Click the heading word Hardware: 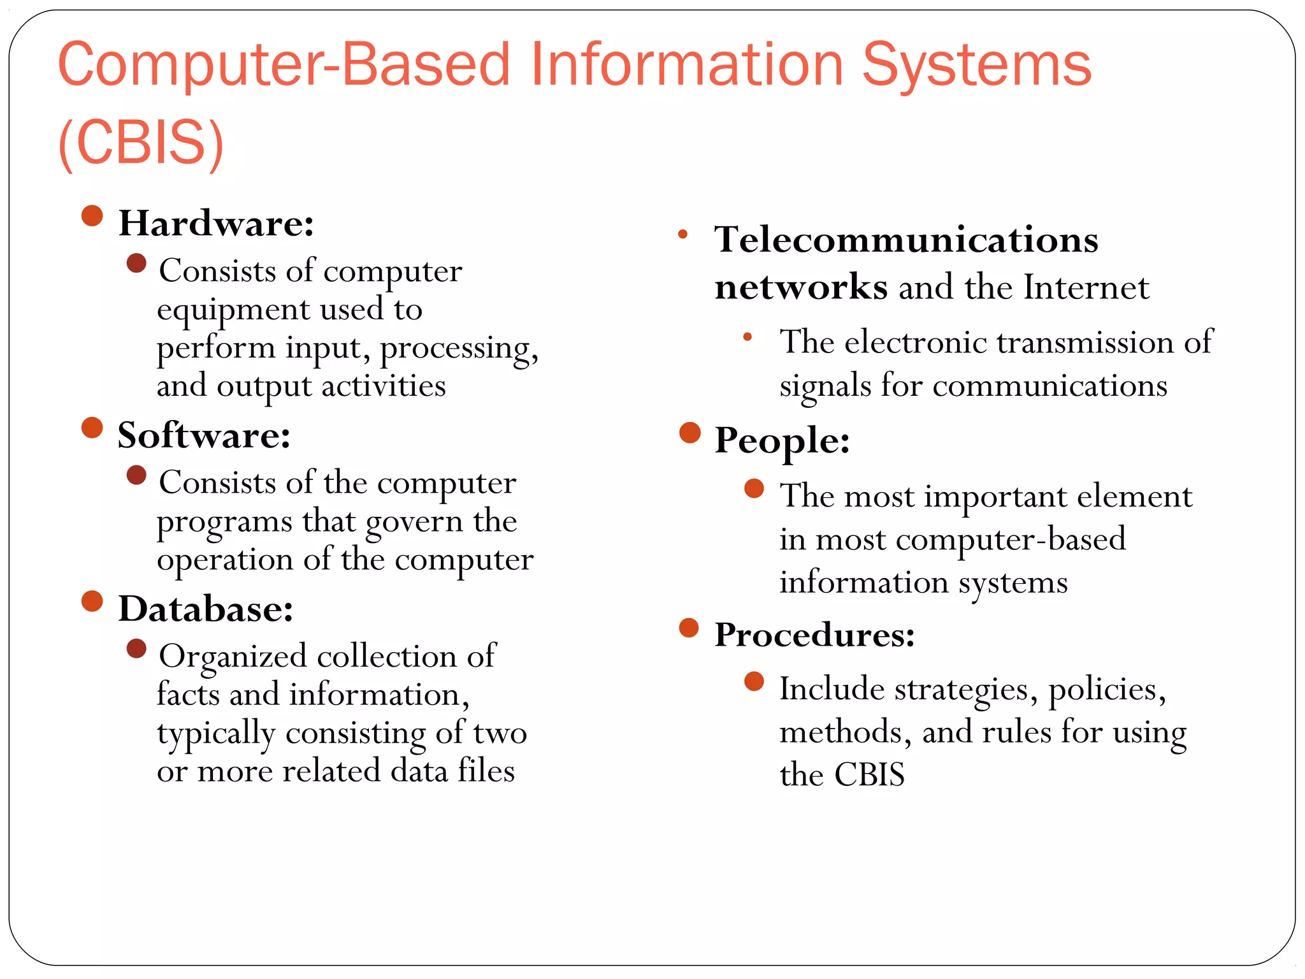coord(216,224)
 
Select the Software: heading coord(204,436)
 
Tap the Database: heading coord(206,609)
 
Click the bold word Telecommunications coord(906,240)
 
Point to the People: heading coord(782,441)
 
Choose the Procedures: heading coord(814,635)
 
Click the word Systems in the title coord(976,65)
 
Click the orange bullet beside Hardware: coord(92,216)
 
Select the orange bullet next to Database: coord(92,601)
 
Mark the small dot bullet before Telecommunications coord(682,234)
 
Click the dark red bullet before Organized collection coord(136,649)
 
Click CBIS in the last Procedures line coord(869,775)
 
